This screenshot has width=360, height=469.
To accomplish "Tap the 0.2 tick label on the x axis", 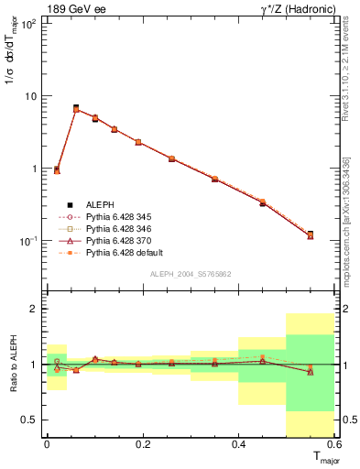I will [x=142, y=444].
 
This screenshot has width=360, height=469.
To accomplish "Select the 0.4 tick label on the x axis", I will [x=238, y=444].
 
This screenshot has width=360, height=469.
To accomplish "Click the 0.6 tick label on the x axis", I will [x=333, y=444].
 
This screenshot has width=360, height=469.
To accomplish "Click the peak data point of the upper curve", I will [x=76, y=108].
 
